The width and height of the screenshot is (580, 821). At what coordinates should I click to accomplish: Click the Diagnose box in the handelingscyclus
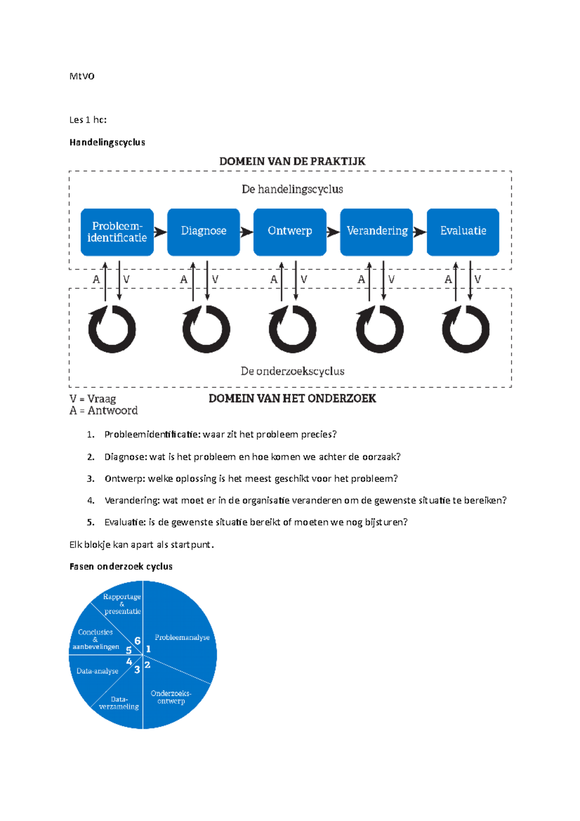click(203, 232)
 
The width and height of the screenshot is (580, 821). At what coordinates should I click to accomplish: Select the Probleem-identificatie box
click(117, 232)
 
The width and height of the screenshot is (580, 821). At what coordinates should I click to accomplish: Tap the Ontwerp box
click(290, 232)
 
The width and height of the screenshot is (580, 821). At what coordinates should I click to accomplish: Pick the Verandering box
click(377, 232)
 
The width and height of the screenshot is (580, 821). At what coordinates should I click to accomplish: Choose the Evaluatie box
click(463, 232)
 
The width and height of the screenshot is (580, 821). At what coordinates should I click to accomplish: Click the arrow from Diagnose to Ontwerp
click(246, 232)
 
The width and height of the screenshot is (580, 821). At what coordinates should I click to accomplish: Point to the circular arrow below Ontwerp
click(292, 329)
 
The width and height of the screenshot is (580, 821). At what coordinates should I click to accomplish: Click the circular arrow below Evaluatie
click(465, 329)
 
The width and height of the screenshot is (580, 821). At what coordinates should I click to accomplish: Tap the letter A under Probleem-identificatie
click(96, 279)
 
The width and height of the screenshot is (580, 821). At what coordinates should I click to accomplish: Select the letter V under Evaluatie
click(478, 279)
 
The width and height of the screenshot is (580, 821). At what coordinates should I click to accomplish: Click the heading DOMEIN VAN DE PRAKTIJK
click(292, 161)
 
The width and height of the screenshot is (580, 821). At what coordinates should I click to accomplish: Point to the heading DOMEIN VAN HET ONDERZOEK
click(292, 399)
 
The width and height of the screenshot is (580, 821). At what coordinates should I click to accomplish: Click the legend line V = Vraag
click(93, 399)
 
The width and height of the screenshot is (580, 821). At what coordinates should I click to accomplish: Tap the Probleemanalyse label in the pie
click(182, 637)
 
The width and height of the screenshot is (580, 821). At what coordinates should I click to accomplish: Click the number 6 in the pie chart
click(137, 641)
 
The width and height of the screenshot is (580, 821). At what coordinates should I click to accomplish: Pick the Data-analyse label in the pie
click(98, 671)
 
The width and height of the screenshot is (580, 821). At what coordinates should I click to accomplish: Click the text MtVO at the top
click(82, 76)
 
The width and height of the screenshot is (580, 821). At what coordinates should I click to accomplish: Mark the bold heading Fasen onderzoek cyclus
click(121, 566)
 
